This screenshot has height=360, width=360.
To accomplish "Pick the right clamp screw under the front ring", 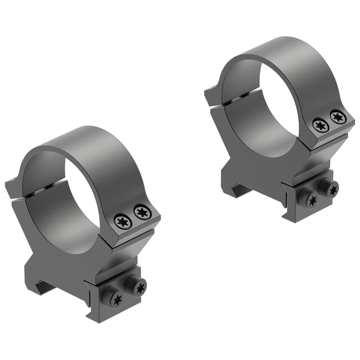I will (x=139, y=287).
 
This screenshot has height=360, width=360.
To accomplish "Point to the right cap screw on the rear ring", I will (x=337, y=117).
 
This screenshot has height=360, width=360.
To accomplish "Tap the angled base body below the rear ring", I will (x=253, y=166).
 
